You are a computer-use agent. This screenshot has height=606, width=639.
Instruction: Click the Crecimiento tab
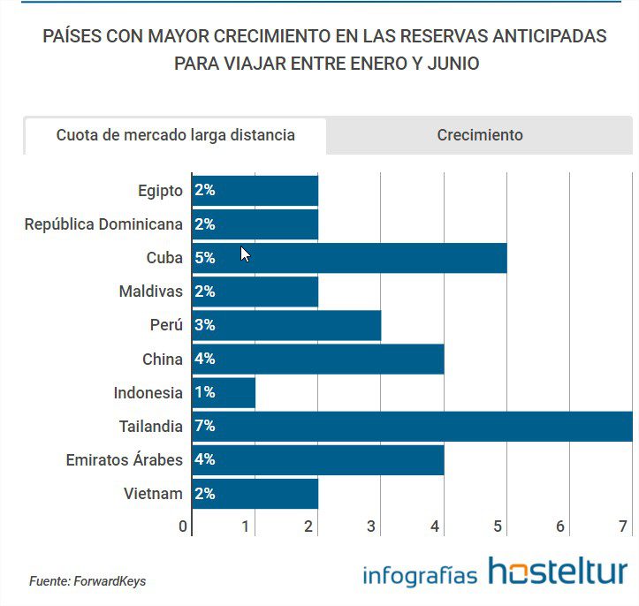pos(479,135)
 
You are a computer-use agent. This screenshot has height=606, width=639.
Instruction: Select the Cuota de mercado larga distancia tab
pos(175,135)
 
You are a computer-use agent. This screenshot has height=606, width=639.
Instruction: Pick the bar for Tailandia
pos(415,427)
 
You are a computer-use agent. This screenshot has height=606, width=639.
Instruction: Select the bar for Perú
pos(292,325)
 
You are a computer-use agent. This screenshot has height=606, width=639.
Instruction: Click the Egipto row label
pos(160,191)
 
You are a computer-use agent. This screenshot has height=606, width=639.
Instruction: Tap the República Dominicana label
pos(103,224)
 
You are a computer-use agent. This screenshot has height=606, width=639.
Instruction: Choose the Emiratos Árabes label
pos(124,460)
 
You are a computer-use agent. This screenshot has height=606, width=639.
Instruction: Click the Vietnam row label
pos(153,494)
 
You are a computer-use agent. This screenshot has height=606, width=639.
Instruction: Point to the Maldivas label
pos(150,292)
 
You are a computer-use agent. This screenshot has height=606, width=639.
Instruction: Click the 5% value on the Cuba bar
pos(205,258)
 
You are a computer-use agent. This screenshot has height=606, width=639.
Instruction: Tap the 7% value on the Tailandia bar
pos(205,427)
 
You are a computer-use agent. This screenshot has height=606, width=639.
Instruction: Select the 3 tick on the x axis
pos(372,526)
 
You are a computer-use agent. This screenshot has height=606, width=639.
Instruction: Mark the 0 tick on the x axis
pos(183,526)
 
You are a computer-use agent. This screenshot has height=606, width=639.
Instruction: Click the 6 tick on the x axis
pos(560,526)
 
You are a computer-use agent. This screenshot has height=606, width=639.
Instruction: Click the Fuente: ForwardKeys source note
pos(87,581)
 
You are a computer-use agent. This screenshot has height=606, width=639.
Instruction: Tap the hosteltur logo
pos(557,572)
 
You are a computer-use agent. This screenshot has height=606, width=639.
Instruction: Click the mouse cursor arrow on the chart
pos(245,254)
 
